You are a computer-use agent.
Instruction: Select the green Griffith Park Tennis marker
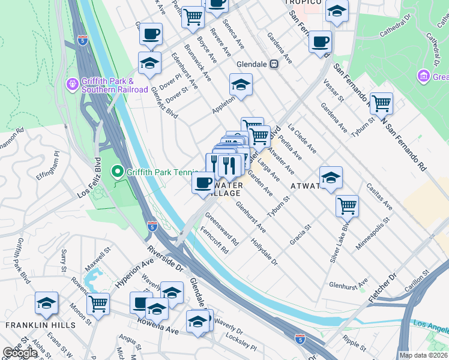118,172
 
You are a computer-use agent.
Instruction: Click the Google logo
20,353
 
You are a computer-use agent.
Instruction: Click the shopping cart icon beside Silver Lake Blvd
347,205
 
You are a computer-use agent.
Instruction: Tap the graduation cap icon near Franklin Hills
46,303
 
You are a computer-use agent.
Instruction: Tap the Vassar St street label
333,90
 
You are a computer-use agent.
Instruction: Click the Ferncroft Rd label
214,238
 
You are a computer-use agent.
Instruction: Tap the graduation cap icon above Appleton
241,85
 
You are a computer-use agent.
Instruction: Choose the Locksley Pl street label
241,343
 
